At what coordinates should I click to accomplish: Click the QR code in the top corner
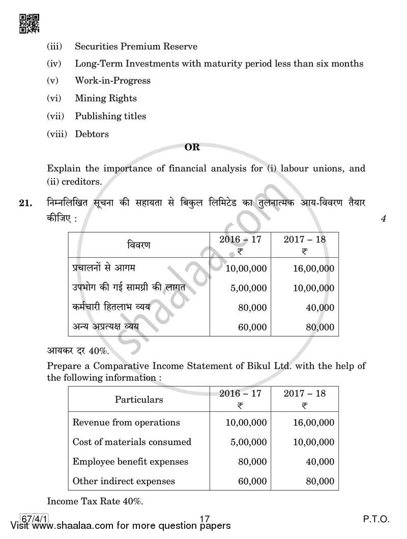coord(28,23)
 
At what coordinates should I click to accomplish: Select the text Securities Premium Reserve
coord(136,46)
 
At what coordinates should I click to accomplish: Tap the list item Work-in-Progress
coord(112,80)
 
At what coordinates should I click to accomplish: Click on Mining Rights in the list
coord(106,98)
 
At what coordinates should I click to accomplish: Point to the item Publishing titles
coord(110,116)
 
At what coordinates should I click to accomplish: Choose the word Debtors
coord(92,134)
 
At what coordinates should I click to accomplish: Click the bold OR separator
coord(192,147)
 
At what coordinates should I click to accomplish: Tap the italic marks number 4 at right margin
coord(383,219)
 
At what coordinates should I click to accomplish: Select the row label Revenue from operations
coord(126,422)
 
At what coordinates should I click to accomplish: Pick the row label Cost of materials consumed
coord(132,442)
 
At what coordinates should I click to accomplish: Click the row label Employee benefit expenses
coord(130,462)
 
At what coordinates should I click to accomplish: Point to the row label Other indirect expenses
coord(124,481)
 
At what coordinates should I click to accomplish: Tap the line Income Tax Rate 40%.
coord(95,501)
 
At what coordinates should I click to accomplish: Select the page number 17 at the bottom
coord(205,519)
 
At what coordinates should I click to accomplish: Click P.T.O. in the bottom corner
coord(376,519)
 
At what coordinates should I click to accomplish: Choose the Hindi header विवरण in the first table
coord(138,245)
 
